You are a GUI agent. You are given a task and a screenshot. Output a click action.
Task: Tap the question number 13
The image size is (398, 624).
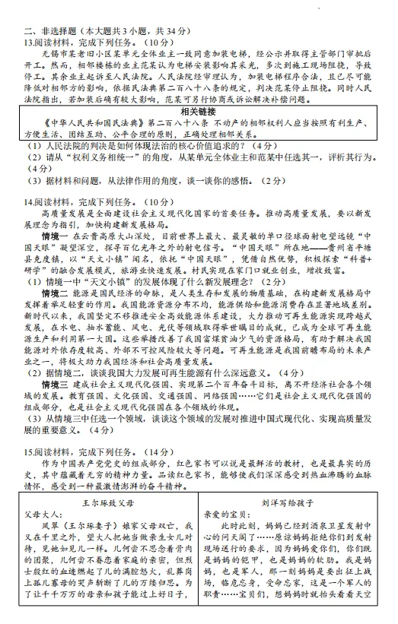coord(27,43)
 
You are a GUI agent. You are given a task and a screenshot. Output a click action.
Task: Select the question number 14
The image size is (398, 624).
coord(27,223)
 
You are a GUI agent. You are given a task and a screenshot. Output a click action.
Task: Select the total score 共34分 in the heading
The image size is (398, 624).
coord(164,31)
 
